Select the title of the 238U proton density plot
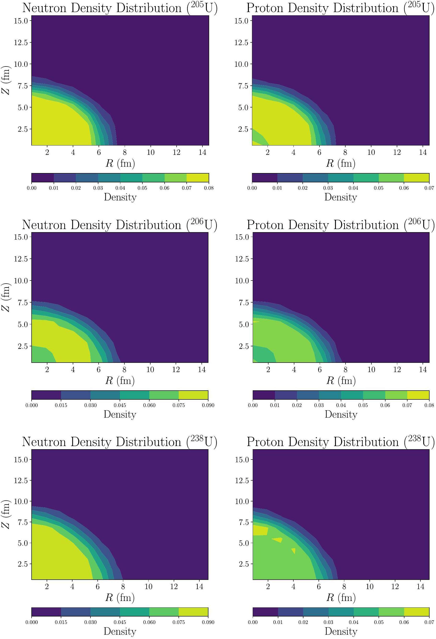point(341,442)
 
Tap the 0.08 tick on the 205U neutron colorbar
point(209,188)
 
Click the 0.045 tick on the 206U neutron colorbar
point(120,405)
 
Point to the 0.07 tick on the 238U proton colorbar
point(429,622)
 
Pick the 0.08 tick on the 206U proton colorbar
point(429,405)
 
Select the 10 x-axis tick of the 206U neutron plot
point(150,369)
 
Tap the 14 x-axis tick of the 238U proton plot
point(420,587)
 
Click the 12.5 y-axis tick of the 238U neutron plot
point(21,481)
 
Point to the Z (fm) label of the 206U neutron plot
point(6,297)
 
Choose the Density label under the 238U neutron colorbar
point(120,631)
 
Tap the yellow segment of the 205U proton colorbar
point(416,178)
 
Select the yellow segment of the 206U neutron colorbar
point(193,395)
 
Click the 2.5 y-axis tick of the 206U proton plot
point(244,346)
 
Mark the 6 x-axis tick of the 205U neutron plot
point(99,152)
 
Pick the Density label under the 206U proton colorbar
point(341,414)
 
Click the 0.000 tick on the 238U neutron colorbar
point(32,622)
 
